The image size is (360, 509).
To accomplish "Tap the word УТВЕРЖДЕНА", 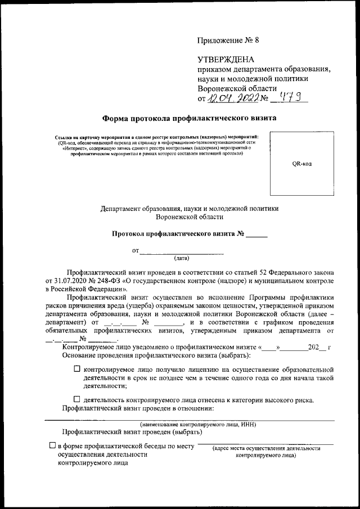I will (226, 59).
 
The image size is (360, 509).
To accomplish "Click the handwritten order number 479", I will (290, 98).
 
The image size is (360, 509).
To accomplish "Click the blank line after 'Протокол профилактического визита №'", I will (257, 234).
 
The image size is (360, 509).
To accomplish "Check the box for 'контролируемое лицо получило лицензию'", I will (77, 370).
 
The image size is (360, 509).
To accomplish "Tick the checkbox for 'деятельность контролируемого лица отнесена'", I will (77, 399).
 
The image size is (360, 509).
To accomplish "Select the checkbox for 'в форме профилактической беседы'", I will (52, 445).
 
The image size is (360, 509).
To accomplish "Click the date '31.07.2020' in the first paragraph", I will (72, 279).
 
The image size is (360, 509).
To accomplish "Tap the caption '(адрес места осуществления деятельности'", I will (266, 448).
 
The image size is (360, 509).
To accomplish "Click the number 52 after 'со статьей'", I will (254, 271).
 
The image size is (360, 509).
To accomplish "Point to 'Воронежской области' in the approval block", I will (237, 88).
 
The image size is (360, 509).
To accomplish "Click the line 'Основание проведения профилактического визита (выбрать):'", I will (157, 355).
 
